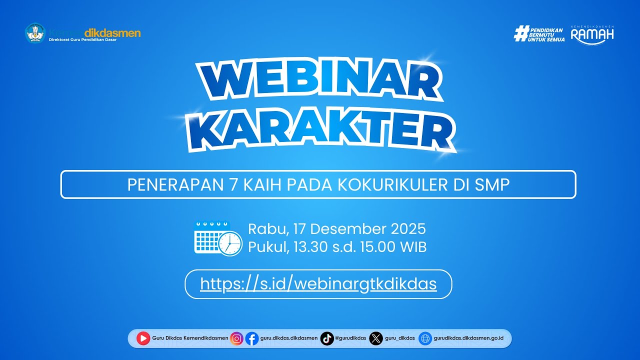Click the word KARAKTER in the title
[x=320, y=129]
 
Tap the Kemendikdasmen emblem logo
[x=35, y=33]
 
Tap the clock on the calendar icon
[x=229, y=243]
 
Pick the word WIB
[x=413, y=246]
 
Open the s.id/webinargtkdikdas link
[x=318, y=284]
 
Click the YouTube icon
[x=143, y=338]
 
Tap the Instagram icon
[x=237, y=338]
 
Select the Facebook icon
[x=252, y=338]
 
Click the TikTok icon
[x=327, y=338]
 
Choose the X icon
[x=376, y=338]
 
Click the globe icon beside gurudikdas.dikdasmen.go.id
[x=425, y=338]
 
